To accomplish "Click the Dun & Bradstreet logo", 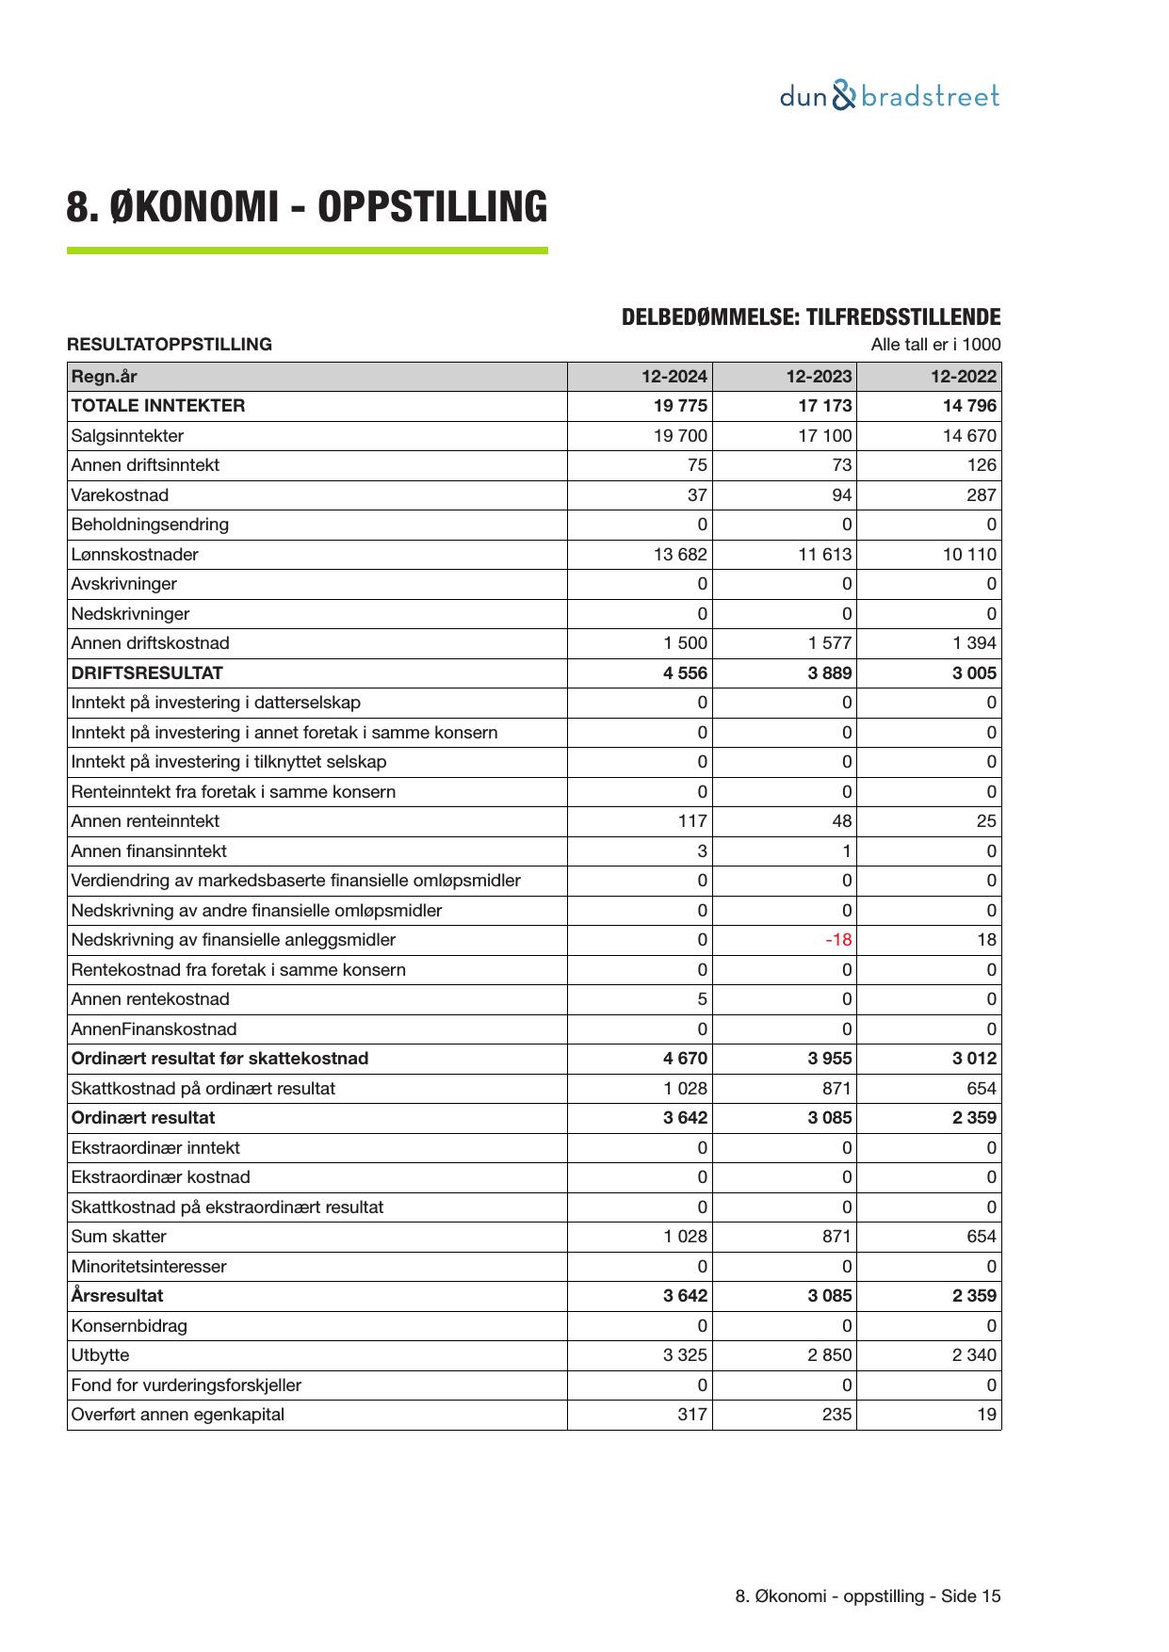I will point(889,96).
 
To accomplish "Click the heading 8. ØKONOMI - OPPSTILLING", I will point(306,207).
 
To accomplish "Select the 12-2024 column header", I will point(674,377).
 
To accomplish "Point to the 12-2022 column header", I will point(963,377).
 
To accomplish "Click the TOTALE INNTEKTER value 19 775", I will point(680,406).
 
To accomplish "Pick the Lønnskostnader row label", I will point(135,555).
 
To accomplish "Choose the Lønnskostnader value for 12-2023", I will point(824,555).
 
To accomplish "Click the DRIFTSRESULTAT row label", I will point(147,673).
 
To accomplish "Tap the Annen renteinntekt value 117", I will point(692,821).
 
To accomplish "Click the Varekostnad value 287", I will point(981,495).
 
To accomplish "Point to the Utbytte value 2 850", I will point(829,1355).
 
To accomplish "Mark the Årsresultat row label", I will point(117,1296).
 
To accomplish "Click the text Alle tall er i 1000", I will point(935,345).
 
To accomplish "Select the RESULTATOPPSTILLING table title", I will point(170,345).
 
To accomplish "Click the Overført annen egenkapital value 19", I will point(987,1415).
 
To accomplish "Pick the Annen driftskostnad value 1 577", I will point(829,643).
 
